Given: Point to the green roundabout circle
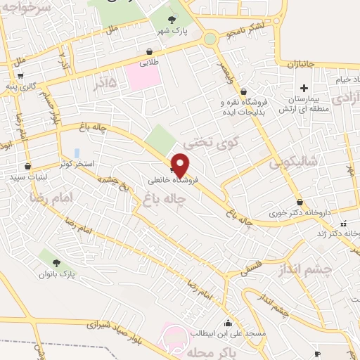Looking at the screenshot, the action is click(210, 39).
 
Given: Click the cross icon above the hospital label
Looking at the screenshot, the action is click(304, 89).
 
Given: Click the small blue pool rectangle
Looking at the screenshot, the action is click(75, 152).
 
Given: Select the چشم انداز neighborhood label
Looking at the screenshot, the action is click(305, 270).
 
